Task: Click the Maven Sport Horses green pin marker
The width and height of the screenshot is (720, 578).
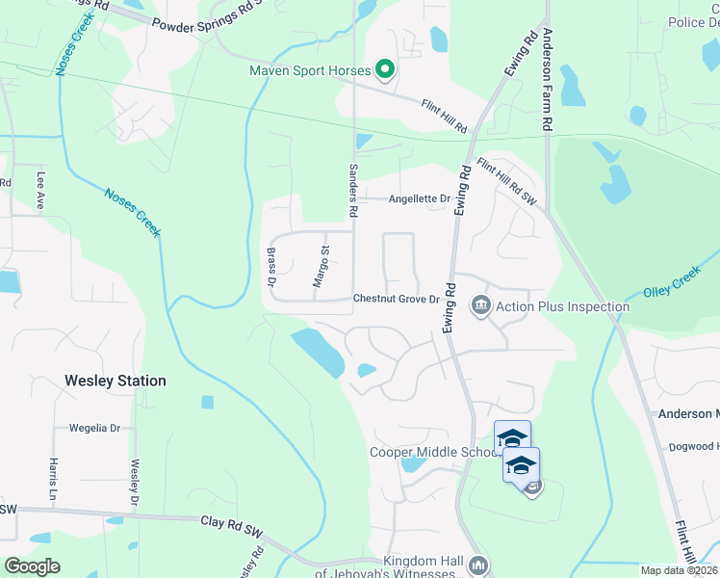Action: pyautogui.click(x=385, y=69)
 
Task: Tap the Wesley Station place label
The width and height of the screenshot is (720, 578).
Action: pyautogui.click(x=116, y=381)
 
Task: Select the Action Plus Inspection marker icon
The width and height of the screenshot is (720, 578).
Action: pyautogui.click(x=480, y=307)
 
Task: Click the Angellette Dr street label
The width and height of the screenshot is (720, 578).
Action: pyautogui.click(x=420, y=199)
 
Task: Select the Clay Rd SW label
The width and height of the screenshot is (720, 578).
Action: pyautogui.click(x=232, y=529)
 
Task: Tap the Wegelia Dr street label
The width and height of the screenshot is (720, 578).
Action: pyautogui.click(x=94, y=428)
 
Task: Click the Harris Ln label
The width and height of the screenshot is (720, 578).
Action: pyautogui.click(x=51, y=479)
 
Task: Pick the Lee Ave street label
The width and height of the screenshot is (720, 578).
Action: pyautogui.click(x=41, y=191)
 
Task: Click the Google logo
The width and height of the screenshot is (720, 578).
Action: pyautogui.click(x=32, y=566)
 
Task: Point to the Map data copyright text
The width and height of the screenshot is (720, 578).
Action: pyautogui.click(x=678, y=570)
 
